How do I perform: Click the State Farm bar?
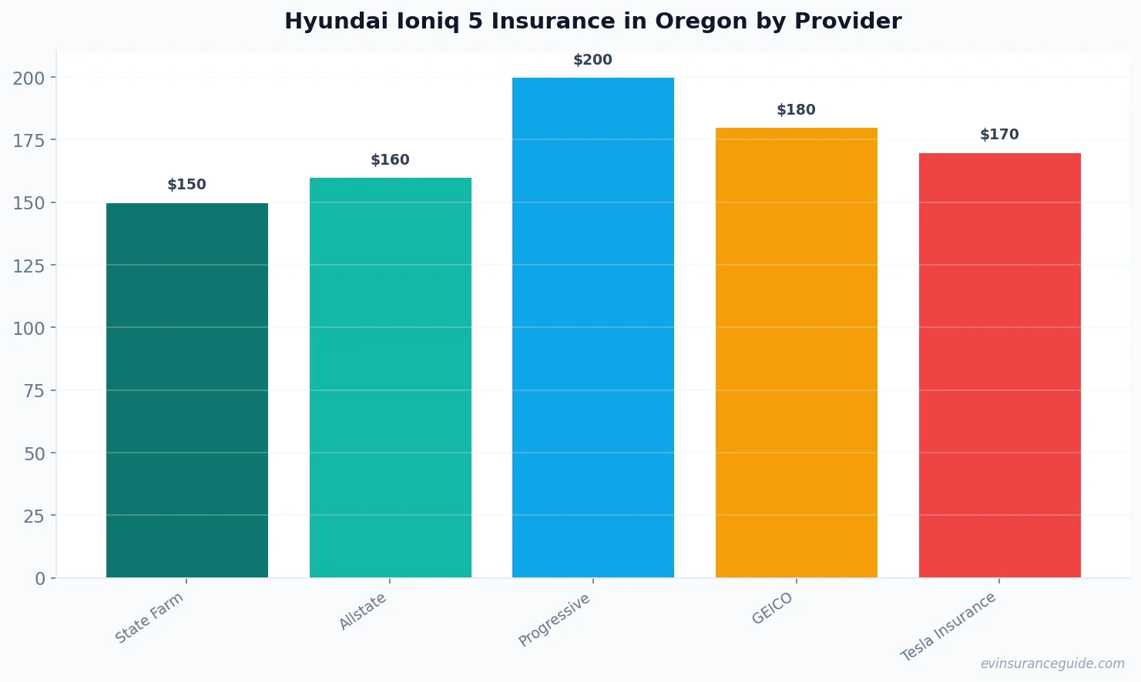pyautogui.click(x=187, y=390)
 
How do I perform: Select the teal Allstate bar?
pyautogui.click(x=390, y=377)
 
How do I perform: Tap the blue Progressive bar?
pyautogui.click(x=592, y=327)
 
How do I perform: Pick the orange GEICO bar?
pyautogui.click(x=796, y=353)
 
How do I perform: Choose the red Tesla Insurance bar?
pyautogui.click(x=999, y=365)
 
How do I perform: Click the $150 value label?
pyautogui.click(x=187, y=185)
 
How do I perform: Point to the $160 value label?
pyautogui.click(x=390, y=160)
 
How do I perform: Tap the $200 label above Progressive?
pyautogui.click(x=592, y=60)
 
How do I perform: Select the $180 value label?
pyautogui.click(x=796, y=110)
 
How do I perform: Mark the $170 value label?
pyautogui.click(x=999, y=135)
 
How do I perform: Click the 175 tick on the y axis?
pyautogui.click(x=29, y=140)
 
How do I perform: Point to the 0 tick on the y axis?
pyautogui.click(x=40, y=579)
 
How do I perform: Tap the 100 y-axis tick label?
pyautogui.click(x=29, y=328)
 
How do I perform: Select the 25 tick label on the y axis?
pyautogui.click(x=34, y=516)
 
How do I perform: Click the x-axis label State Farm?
pyautogui.click(x=149, y=617)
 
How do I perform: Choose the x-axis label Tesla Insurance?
pyautogui.click(x=948, y=627)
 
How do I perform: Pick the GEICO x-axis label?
pyautogui.click(x=772, y=609)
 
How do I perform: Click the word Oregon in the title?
pyautogui.click(x=701, y=22)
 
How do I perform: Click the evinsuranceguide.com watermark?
pyautogui.click(x=1052, y=664)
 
